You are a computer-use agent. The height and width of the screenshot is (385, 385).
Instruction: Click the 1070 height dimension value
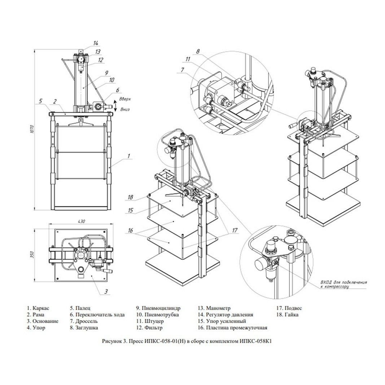click(32, 129)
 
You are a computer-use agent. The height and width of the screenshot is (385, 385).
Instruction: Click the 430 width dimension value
click(81, 221)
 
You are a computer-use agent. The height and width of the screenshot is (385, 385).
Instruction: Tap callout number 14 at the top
click(95, 43)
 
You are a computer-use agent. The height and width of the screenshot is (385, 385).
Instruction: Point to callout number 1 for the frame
click(129, 156)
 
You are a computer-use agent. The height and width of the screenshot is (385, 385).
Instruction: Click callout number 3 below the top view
click(106, 292)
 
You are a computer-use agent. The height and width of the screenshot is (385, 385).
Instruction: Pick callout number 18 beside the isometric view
click(130, 197)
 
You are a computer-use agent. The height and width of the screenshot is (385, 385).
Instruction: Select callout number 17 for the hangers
click(235, 230)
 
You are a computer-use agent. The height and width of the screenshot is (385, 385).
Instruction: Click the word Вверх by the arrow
click(125, 99)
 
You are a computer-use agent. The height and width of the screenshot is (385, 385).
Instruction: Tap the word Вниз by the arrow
click(125, 109)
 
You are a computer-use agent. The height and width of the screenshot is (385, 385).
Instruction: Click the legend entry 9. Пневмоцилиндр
click(158, 308)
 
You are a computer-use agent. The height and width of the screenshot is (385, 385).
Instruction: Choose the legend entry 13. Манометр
click(214, 308)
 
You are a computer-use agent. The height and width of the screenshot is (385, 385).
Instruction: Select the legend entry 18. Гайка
click(287, 315)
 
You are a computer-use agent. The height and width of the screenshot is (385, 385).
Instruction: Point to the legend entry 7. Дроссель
click(84, 321)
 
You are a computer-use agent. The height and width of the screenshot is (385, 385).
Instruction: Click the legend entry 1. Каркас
click(38, 308)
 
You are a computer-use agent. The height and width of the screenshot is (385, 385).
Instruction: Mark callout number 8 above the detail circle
click(198, 52)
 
